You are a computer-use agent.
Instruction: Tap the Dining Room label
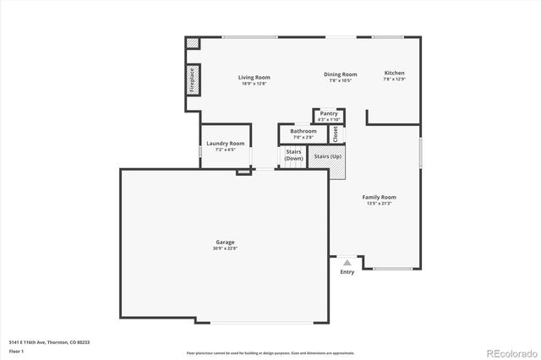340,74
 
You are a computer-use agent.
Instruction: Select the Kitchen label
395,74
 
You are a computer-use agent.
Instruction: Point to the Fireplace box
192,79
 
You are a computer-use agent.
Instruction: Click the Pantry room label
329,113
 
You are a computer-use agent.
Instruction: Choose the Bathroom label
303,131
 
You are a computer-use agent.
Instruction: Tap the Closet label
335,133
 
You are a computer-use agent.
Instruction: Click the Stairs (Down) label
293,155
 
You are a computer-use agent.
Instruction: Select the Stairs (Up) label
327,156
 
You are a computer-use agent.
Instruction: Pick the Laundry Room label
226,144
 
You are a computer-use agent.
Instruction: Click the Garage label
225,243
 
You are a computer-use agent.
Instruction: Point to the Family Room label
380,197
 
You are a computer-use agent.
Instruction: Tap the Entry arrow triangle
347,263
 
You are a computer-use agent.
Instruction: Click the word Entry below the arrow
347,271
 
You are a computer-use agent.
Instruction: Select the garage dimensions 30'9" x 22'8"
225,248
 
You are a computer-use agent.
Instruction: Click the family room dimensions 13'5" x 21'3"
380,203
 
